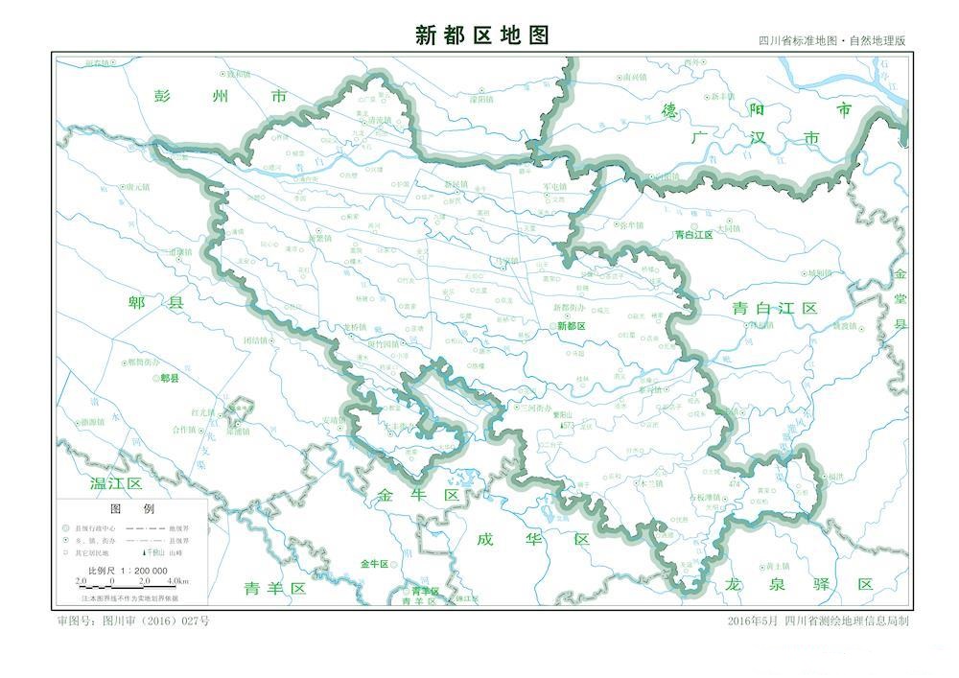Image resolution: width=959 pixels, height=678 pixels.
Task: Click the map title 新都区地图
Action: click(x=482, y=35)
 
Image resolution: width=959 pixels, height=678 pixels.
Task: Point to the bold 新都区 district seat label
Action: click(x=571, y=326)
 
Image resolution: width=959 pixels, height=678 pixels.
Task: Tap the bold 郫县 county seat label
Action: click(x=170, y=379)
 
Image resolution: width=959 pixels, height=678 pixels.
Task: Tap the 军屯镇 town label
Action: click(x=555, y=186)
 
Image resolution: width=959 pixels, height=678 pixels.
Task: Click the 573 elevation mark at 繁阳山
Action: click(x=567, y=425)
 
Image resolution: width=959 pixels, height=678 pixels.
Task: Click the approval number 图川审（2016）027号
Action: click(x=133, y=620)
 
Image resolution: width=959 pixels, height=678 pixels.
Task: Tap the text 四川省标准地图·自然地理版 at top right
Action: click(x=831, y=41)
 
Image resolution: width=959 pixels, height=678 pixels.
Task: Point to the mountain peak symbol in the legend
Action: click(x=146, y=553)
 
